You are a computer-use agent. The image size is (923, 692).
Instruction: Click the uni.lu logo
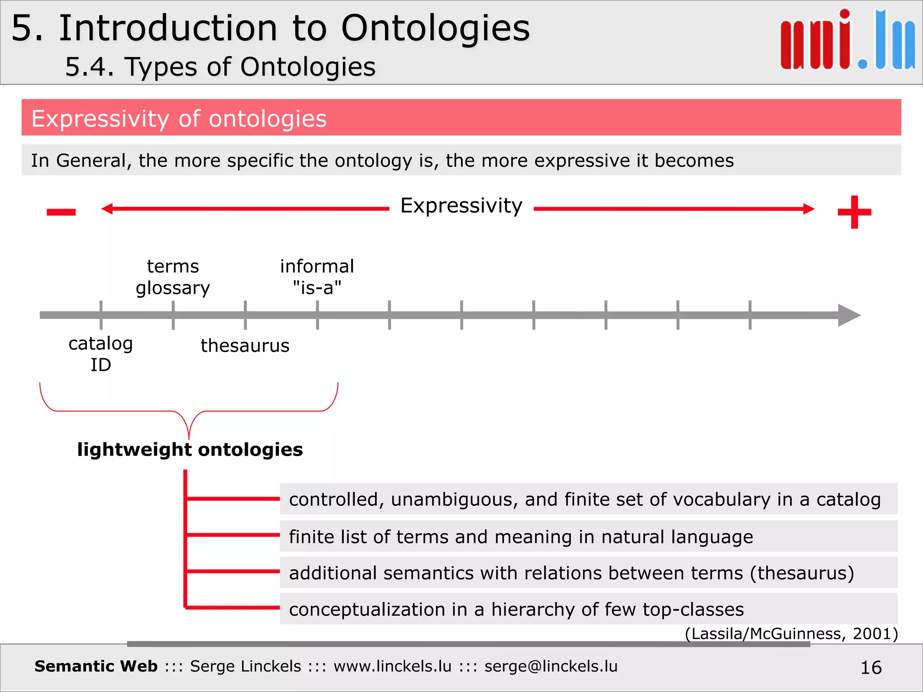[x=847, y=41]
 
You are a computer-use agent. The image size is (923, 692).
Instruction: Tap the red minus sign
[x=61, y=212]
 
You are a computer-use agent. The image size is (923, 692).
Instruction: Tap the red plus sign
[x=854, y=212]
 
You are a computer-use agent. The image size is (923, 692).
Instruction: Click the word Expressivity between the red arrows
[x=461, y=206]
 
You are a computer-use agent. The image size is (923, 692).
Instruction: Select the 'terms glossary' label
[x=173, y=277]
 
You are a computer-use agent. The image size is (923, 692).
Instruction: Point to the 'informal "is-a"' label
[x=317, y=277]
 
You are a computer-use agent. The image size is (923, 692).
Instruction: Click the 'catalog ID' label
[x=101, y=354]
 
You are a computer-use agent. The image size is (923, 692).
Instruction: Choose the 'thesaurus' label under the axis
[x=245, y=346]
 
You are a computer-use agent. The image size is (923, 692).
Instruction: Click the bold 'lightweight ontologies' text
[x=190, y=450]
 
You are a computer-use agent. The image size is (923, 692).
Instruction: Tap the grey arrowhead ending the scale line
[x=849, y=315]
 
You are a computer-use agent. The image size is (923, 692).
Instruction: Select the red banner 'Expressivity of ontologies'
[x=461, y=118]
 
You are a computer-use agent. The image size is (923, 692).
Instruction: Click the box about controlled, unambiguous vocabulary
[x=588, y=499]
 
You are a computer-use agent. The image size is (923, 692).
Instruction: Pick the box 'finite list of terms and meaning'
[x=588, y=537]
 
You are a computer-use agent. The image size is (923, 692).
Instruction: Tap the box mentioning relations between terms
[x=588, y=573]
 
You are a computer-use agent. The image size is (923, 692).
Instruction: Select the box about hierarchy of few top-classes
[x=588, y=609]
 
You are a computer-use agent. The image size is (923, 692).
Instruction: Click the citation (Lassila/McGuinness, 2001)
[x=791, y=633]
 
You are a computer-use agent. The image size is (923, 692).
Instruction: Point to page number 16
[x=871, y=667]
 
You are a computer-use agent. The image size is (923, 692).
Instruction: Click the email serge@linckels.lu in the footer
[x=551, y=666]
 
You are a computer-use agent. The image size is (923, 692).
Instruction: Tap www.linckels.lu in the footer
[x=392, y=666]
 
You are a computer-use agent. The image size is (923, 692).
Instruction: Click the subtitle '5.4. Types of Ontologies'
[x=220, y=67]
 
